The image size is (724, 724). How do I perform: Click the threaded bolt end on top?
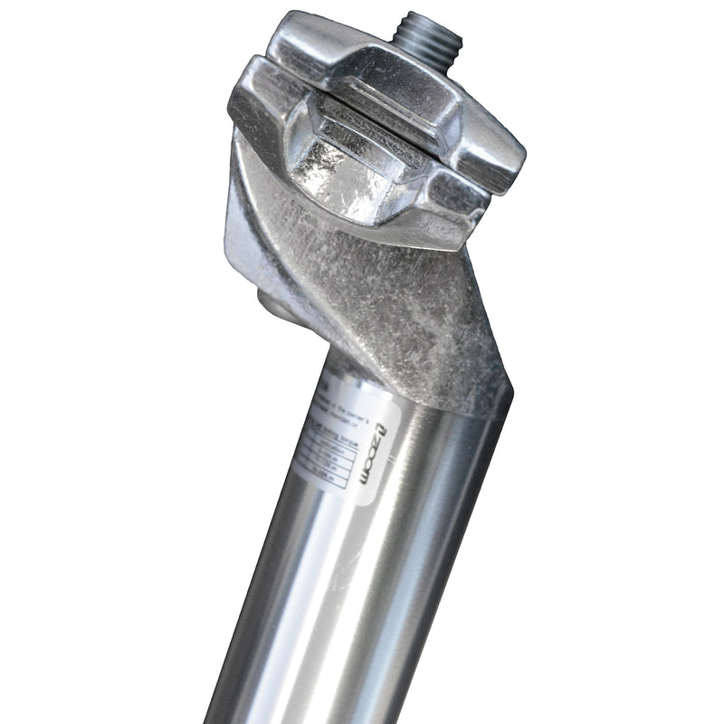click(428, 33)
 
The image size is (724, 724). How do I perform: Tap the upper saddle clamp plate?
click(389, 90)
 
